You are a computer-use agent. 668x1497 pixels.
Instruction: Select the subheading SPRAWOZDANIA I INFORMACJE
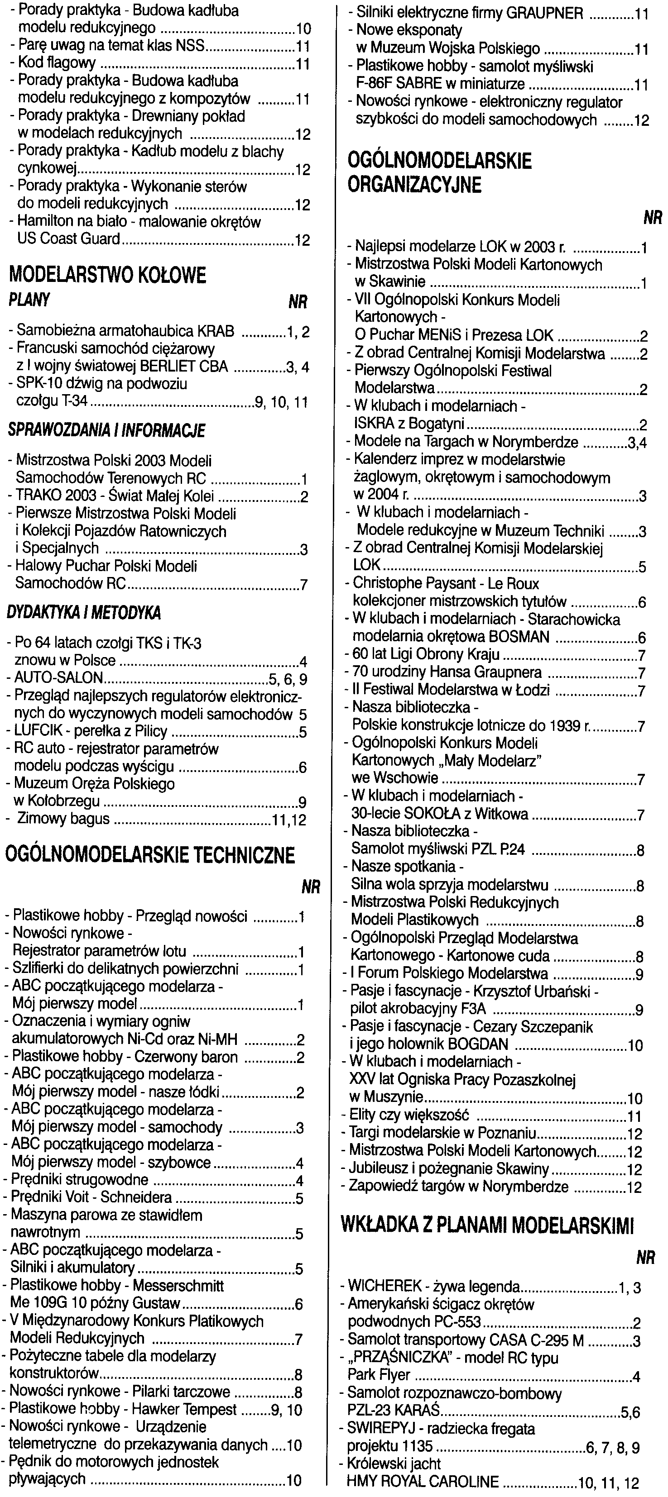[x=106, y=431]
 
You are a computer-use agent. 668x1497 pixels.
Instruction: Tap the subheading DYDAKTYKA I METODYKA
[x=84, y=613]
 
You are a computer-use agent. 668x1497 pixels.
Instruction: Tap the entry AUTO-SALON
[x=58, y=678]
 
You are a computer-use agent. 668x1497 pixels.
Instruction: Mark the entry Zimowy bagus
[x=63, y=820]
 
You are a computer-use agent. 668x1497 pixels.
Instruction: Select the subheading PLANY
[x=29, y=300]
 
